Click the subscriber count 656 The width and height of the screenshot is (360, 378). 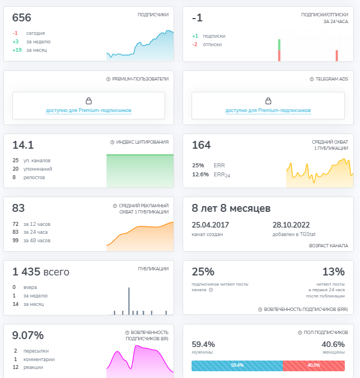[x=22, y=18]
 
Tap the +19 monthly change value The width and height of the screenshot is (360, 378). [x=16, y=50]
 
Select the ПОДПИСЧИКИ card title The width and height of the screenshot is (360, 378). [x=153, y=15]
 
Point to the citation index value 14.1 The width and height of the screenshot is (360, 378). [x=23, y=145]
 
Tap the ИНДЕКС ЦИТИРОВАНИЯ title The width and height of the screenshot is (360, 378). [x=141, y=142]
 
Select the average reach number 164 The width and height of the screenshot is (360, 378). [x=201, y=145]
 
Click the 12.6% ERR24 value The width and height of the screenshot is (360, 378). [x=200, y=175]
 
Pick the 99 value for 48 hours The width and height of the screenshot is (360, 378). [x=16, y=241]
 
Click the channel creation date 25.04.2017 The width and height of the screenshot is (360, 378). [x=211, y=224]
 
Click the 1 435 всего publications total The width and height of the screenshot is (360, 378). [x=41, y=272]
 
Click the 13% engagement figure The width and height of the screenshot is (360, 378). [x=334, y=272]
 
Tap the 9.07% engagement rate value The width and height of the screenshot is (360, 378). [x=28, y=336]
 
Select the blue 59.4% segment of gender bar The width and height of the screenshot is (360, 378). [x=237, y=366]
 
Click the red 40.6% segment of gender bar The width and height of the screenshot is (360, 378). [x=313, y=366]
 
